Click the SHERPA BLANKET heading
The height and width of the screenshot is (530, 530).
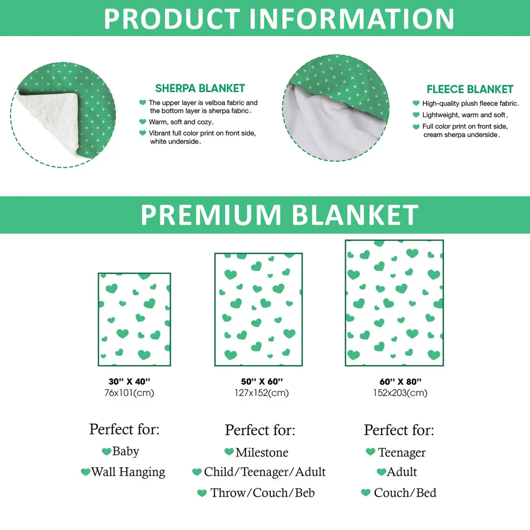point(200,88)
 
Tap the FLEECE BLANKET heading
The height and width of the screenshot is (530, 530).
point(470,89)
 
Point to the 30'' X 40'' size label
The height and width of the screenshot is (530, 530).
point(129,382)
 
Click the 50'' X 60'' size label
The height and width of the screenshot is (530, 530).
point(262,382)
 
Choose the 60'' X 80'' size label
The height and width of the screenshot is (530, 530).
point(401,382)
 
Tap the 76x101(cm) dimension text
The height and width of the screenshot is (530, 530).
point(129,393)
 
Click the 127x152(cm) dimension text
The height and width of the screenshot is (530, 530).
point(262,393)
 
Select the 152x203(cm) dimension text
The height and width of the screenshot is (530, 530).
point(401,393)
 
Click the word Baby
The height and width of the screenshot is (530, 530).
point(126,451)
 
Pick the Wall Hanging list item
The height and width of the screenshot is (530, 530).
point(128,472)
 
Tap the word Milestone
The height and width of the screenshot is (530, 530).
point(262,452)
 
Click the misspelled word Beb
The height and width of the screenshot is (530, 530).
point(305,493)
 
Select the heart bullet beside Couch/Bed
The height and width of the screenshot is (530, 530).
point(366,492)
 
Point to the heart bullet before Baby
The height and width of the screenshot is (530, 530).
point(106,451)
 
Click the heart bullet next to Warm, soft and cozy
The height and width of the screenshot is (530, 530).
point(143,122)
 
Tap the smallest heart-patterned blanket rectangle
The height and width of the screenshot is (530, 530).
point(134,319)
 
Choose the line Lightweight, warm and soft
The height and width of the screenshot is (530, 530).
point(465,115)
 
